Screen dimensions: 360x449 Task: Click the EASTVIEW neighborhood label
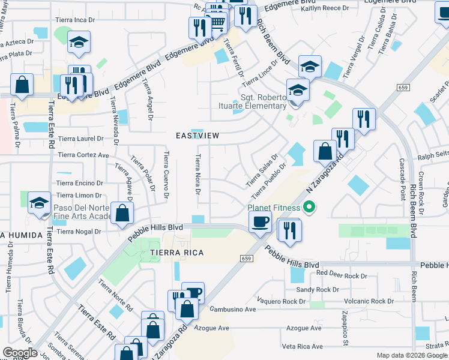pyautogui.click(x=197, y=136)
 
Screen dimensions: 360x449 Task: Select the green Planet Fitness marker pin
pyautogui.click(x=309, y=208)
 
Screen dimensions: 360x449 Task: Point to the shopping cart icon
pyautogui.click(x=218, y=23)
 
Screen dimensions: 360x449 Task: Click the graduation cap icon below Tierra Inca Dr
pyautogui.click(x=78, y=43)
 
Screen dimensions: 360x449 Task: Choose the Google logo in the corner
pyautogui.click(x=20, y=353)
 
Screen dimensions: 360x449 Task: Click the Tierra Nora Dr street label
pyautogui.click(x=197, y=174)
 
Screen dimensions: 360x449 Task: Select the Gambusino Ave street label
pyautogui.click(x=233, y=310)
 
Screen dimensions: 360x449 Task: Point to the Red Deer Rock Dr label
pyautogui.click(x=341, y=275)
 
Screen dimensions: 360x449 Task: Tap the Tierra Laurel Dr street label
pyautogui.click(x=79, y=139)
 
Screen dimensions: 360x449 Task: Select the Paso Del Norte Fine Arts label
pyautogui.click(x=82, y=212)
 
